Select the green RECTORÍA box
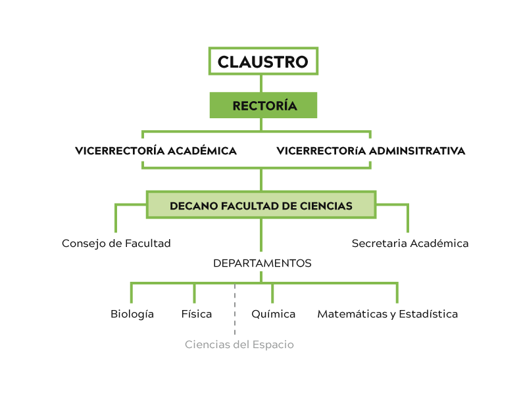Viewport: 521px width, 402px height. [x=263, y=105]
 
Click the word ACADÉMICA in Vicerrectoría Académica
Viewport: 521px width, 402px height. [x=202, y=151]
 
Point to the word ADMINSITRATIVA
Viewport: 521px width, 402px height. [x=417, y=151]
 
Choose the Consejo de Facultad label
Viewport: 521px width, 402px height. [x=116, y=244]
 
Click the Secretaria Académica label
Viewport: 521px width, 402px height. [x=410, y=244]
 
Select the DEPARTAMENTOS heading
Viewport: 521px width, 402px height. [x=262, y=263]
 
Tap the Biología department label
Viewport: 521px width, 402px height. [x=132, y=314]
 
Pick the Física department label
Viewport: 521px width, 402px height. [x=197, y=314]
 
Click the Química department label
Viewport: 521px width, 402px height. [x=274, y=314]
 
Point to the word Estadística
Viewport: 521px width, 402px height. [x=428, y=314]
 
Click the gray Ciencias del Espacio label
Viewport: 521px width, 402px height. [x=239, y=345]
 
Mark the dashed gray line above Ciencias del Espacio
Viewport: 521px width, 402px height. [x=235, y=309]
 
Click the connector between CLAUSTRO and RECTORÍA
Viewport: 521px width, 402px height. [x=261, y=83]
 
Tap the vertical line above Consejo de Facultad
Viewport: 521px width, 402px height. [x=116, y=219]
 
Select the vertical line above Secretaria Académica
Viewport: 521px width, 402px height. [x=408, y=219]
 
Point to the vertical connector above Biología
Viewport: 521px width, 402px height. [x=132, y=293]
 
